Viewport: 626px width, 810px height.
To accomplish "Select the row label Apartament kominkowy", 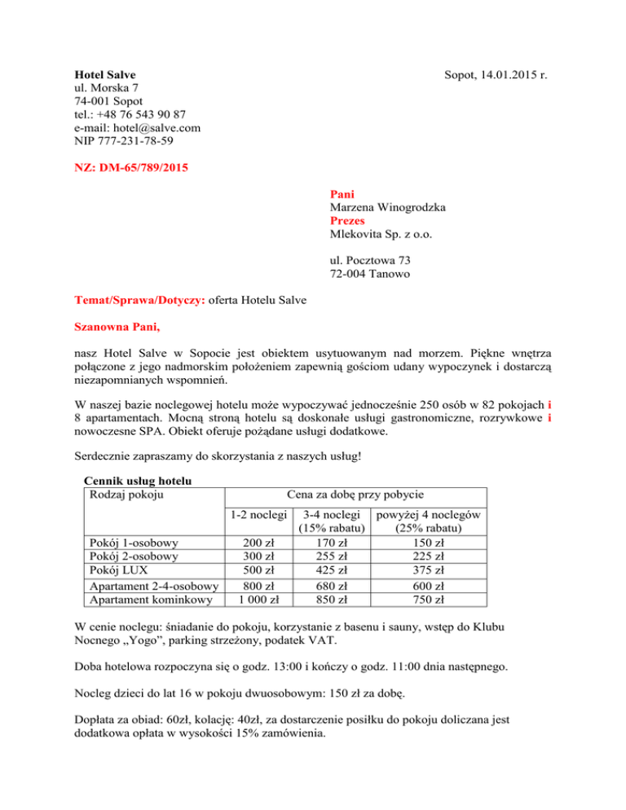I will pos(148,601).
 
